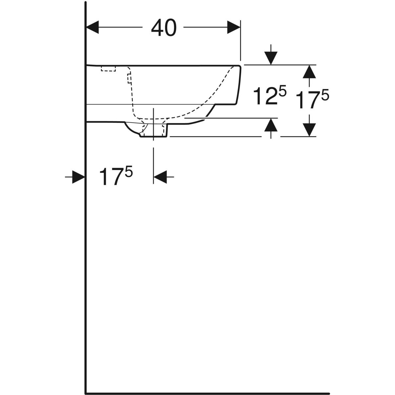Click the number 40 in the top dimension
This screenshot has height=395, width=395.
tap(164, 28)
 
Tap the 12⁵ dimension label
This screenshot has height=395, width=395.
tap(269, 95)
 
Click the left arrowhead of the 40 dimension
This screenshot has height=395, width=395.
tap(92, 27)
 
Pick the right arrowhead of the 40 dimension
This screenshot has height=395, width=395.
tap(234, 27)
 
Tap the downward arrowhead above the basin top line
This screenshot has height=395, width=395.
tap(271, 58)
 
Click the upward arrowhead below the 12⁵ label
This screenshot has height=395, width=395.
tap(271, 125)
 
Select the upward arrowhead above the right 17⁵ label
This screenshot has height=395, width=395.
tap(309, 71)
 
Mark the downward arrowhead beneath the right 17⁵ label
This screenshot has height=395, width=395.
tap(309, 130)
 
